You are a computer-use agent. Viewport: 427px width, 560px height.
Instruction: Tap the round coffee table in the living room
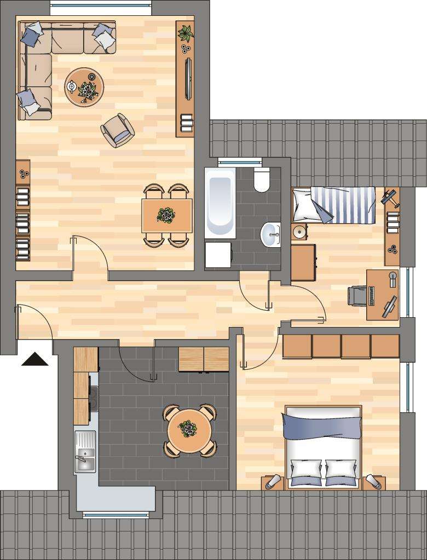pos(84,86)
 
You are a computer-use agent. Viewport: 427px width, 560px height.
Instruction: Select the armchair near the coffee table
pos(118,130)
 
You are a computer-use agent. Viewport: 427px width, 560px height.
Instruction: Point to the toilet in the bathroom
pos(262,180)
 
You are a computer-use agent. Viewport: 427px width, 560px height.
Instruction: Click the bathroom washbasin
pos(270,235)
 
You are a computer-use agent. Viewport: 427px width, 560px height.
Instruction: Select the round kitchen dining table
pos(189,430)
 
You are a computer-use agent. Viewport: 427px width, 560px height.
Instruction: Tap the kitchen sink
pos(84,453)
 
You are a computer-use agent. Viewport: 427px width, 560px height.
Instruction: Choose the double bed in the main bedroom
pos(323,446)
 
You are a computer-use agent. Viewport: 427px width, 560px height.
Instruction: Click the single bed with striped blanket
pos(334,205)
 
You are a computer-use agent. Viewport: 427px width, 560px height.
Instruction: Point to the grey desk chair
pos(357,296)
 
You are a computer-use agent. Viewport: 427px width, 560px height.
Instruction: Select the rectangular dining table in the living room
pos(167,215)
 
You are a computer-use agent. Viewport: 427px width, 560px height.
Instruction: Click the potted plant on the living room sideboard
pos(186,33)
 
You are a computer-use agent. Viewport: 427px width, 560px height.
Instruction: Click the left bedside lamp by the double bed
pos(272,482)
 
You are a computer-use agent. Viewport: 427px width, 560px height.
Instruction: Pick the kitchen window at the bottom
pos(116,514)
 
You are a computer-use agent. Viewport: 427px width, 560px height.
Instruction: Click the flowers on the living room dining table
pos(165,215)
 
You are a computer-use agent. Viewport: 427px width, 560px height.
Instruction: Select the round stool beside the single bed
pos(299,232)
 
